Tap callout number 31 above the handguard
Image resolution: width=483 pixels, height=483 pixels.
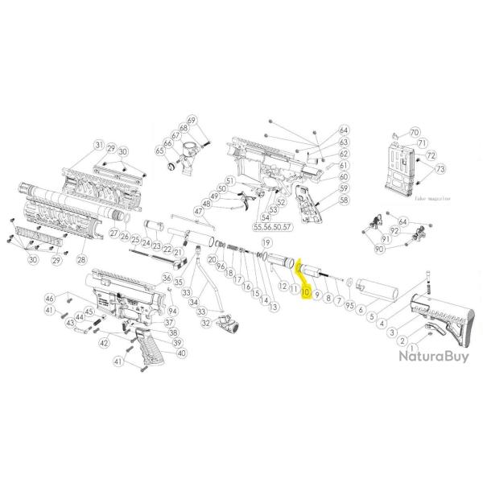pos(99,145)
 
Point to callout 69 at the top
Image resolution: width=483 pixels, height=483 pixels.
pos(192,120)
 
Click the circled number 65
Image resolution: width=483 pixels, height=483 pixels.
pos(159,151)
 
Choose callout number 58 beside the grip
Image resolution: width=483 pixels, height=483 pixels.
pos(344,199)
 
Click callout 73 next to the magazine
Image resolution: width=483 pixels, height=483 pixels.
pos(440,171)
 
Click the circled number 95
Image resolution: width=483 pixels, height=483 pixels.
pos(349,305)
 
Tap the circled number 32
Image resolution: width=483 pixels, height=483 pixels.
pos(207,323)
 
